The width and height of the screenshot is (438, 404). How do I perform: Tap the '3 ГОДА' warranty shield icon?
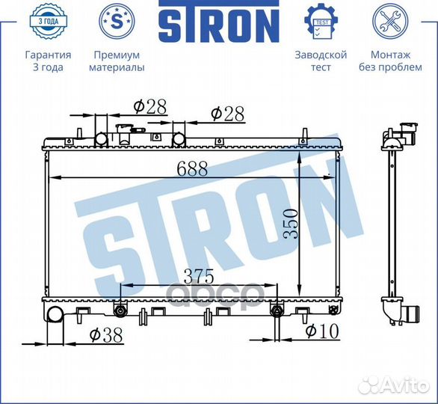tap(49, 22)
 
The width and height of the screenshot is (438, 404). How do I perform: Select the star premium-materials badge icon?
tap(117, 22)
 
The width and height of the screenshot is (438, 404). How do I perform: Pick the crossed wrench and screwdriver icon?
tap(390, 22)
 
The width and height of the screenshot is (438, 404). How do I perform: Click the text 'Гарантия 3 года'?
tap(49, 61)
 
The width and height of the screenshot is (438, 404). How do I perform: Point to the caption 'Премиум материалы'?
tap(117, 61)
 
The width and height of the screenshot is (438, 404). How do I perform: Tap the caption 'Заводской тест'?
tap(321, 61)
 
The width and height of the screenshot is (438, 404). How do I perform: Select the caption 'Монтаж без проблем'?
tap(390, 61)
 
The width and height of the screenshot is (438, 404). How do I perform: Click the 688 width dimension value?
tap(192, 169)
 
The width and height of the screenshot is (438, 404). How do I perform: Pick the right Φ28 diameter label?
tap(228, 113)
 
